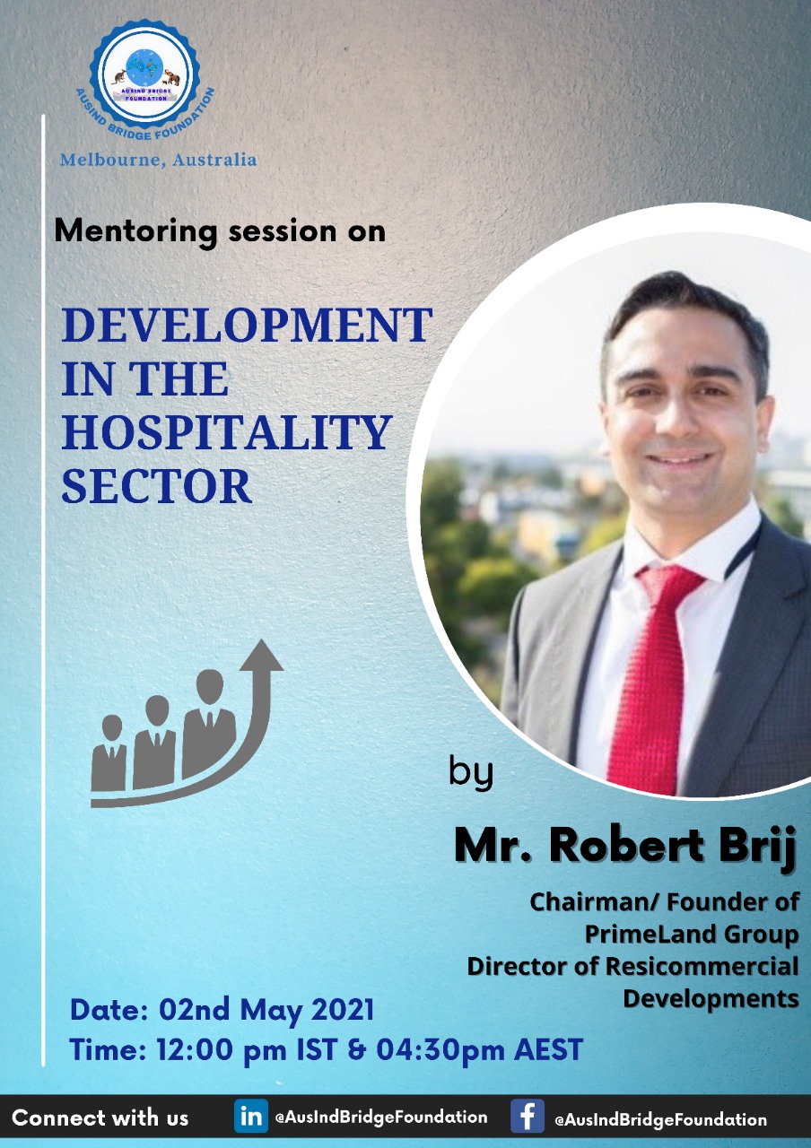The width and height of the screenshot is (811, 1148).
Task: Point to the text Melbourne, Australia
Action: [x=159, y=160]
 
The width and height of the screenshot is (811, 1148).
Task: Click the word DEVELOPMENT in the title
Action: [x=247, y=325]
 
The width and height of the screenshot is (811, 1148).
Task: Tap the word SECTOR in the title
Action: [x=156, y=485]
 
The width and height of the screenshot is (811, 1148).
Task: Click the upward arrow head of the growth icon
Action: [x=261, y=655]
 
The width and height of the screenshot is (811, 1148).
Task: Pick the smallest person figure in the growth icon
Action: [x=109, y=752]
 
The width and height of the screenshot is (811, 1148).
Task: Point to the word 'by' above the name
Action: [x=471, y=773]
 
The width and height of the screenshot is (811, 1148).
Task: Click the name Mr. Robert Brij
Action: [x=625, y=846]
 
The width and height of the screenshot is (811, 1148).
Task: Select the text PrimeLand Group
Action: [x=692, y=934]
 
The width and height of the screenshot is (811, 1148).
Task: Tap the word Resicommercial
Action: [x=702, y=966]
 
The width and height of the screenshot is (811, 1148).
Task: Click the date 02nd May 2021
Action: [x=266, y=1010]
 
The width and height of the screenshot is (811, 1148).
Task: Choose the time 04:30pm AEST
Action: [x=480, y=1048]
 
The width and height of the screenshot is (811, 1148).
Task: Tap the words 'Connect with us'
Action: [x=100, y=1118]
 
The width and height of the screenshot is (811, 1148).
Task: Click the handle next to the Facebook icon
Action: [x=660, y=1119]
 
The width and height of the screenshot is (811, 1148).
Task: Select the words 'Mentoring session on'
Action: [x=220, y=231]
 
